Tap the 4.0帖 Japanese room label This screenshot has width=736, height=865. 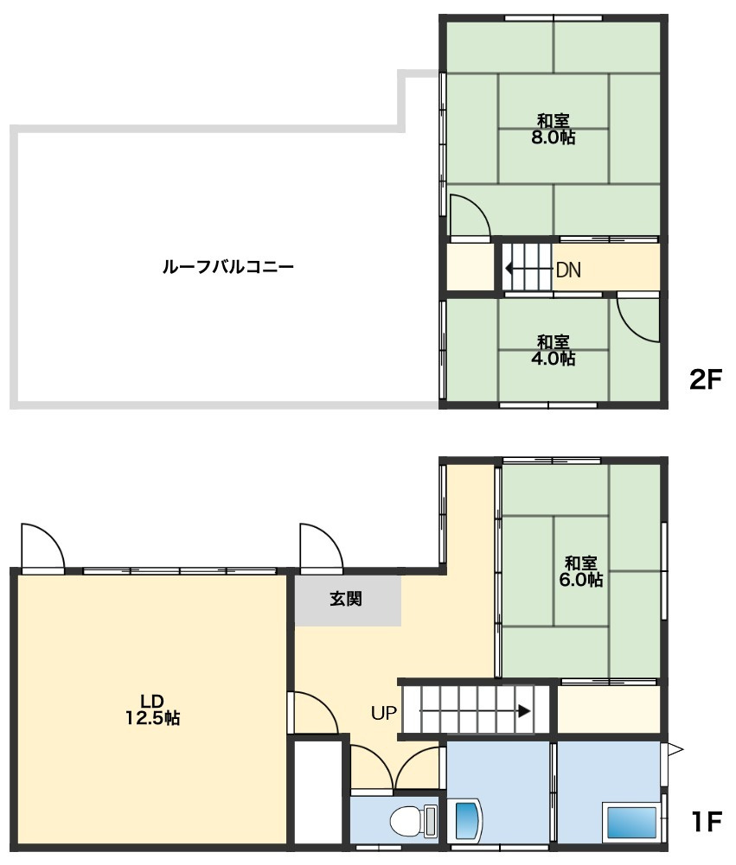554,350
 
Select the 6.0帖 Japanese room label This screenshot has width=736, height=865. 581,571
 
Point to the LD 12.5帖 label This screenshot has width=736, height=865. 152,708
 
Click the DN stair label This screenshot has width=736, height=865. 568,270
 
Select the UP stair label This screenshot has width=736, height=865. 384,713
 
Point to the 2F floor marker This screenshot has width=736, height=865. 705,379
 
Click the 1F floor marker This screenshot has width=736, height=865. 705,820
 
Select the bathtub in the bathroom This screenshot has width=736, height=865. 632,821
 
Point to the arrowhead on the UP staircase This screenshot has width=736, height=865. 525,712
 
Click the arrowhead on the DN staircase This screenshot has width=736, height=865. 509,269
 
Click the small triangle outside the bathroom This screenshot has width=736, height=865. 675,748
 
